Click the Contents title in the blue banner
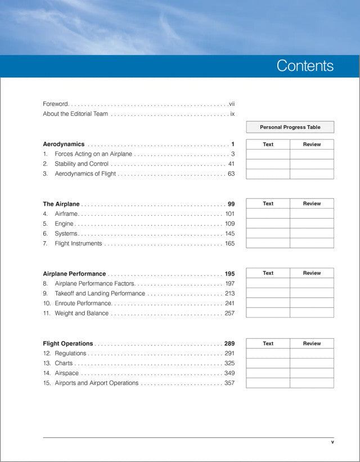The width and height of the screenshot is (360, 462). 305,66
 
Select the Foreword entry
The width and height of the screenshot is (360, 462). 55,104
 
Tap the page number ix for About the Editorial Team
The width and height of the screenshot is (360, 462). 232,114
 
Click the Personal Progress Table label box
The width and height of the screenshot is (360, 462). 290,128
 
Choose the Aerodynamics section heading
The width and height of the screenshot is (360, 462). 64,144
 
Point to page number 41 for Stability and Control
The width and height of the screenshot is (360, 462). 231,164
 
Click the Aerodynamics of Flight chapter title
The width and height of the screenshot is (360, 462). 85,174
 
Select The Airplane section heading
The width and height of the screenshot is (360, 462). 61,204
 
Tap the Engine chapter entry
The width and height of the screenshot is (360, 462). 64,224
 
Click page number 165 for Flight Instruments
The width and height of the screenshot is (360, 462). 229,243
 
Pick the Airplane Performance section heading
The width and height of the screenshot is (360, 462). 74,274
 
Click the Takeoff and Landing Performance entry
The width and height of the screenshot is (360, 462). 100,293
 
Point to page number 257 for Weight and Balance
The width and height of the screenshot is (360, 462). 229,313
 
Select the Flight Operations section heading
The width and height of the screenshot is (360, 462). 68,343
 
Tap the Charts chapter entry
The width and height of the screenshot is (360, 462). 64,363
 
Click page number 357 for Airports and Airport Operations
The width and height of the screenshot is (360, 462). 229,383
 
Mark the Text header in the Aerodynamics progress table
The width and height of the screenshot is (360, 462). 268,144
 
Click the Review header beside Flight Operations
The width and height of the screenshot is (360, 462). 312,343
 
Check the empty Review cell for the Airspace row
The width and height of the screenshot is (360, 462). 312,373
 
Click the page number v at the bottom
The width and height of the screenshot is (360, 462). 332,442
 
